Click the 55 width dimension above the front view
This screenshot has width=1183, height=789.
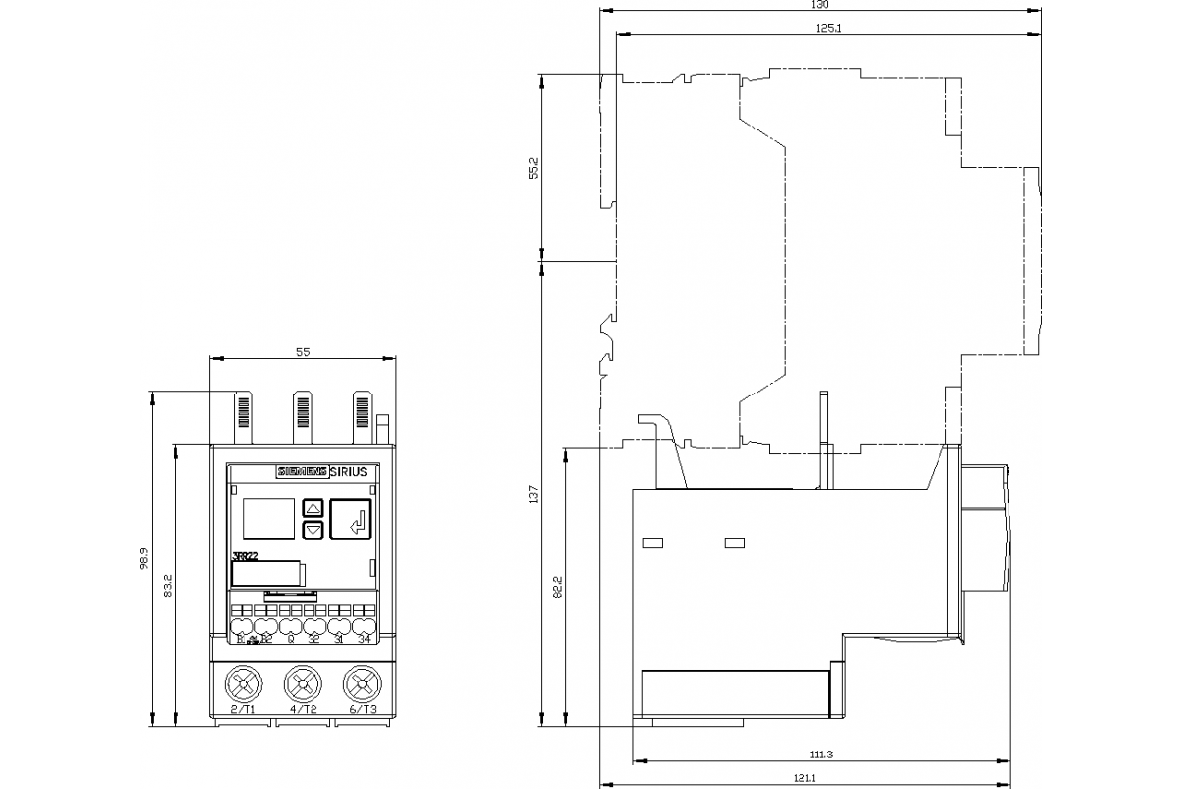click(x=303, y=352)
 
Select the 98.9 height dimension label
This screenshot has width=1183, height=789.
click(x=144, y=560)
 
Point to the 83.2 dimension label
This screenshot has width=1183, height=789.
click(x=168, y=586)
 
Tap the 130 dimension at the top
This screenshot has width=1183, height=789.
click(x=820, y=5)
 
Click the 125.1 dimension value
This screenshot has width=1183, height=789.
click(x=828, y=28)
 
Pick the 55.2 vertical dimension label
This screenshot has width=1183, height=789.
click(x=534, y=168)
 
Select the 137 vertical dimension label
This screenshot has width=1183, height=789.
click(x=534, y=494)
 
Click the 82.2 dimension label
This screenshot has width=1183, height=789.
click(x=558, y=588)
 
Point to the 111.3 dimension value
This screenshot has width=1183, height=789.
click(x=822, y=754)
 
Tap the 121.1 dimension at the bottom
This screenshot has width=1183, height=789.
click(x=803, y=779)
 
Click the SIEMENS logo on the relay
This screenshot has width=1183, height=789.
click(x=302, y=472)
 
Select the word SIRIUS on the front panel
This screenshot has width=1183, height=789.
click(x=348, y=472)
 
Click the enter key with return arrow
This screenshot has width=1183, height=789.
click(x=352, y=519)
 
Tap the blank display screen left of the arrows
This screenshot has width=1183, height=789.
click(x=268, y=519)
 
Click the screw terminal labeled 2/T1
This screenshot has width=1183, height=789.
click(x=243, y=682)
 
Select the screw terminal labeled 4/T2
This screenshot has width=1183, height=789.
click(x=303, y=682)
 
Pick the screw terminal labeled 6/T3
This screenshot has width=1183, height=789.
click(x=362, y=682)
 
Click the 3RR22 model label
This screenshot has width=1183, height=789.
click(x=244, y=556)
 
